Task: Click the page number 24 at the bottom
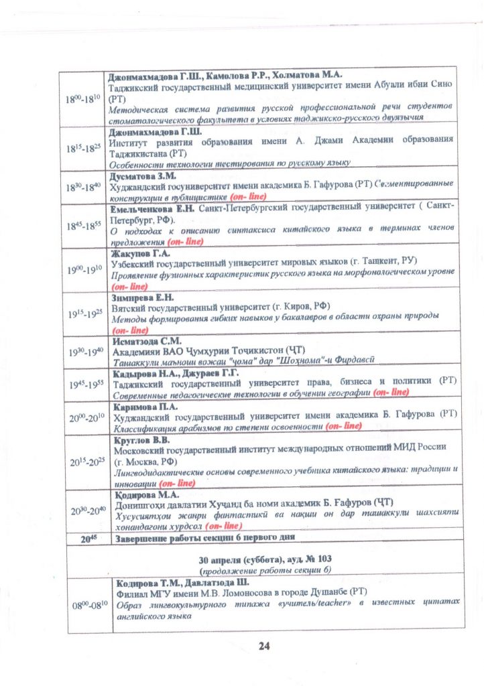pyautogui.click(x=263, y=646)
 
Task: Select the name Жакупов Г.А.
pyautogui.click(x=138, y=253)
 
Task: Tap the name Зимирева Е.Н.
pyautogui.click(x=141, y=296)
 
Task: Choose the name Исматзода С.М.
pyautogui.click(x=143, y=340)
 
